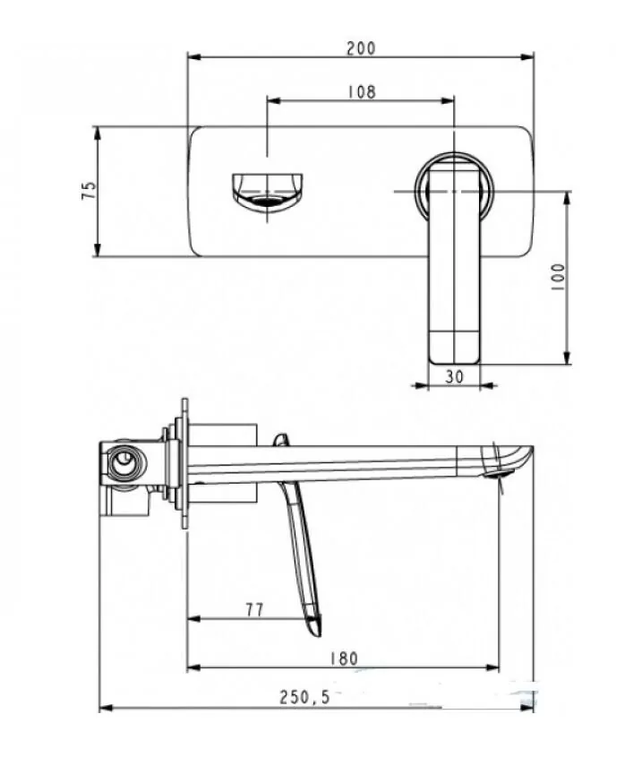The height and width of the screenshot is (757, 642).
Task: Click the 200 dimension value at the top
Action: tap(360, 48)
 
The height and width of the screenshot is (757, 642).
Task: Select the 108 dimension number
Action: tap(360, 91)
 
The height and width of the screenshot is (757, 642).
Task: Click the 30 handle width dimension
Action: tap(454, 377)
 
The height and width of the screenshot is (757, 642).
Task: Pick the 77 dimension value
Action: tap(254, 609)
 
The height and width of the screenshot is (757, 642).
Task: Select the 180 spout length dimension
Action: tap(343, 658)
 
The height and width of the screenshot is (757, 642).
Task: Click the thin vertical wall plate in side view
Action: tap(184, 463)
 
